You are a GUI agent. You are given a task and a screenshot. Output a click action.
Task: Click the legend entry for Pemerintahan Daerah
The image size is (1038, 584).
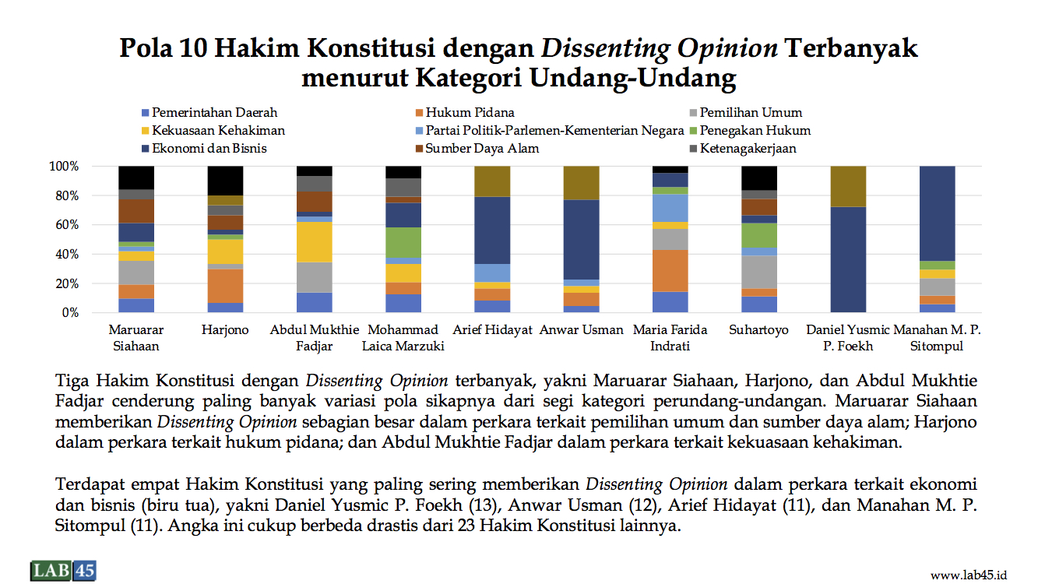tap(209, 113)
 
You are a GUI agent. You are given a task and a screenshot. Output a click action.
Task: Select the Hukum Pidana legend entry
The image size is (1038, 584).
tap(465, 113)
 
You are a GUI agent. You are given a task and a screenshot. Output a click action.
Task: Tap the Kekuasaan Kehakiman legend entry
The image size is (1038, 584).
tap(213, 131)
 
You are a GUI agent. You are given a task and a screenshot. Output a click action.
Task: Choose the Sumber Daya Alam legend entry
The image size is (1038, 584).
tap(477, 149)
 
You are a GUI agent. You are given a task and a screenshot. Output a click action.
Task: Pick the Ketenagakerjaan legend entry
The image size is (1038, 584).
tap(743, 149)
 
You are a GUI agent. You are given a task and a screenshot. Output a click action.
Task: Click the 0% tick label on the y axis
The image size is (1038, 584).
tap(70, 313)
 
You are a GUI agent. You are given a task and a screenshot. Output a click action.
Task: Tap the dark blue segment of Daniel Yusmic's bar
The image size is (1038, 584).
tap(848, 259)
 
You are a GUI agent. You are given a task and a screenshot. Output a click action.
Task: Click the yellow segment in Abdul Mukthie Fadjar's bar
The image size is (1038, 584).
tap(314, 242)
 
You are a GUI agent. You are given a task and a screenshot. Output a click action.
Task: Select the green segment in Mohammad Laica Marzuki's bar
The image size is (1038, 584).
tap(403, 242)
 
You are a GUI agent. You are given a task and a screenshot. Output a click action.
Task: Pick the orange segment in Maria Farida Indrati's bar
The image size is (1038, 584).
tap(670, 271)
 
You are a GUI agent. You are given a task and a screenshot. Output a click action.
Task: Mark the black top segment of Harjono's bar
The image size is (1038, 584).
tap(225, 181)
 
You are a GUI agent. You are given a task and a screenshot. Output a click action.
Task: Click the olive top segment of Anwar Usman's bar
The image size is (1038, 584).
tap(581, 183)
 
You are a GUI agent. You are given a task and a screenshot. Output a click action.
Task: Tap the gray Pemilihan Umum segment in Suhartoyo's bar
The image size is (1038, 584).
tap(759, 272)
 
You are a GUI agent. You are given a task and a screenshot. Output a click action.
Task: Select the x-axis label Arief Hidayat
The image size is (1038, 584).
tap(492, 330)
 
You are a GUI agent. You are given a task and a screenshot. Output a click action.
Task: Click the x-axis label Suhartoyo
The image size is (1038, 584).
tap(758, 330)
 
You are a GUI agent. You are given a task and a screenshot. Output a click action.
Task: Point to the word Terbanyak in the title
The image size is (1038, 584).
tap(851, 47)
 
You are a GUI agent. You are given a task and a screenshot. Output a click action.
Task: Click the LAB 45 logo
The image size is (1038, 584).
tap(64, 570)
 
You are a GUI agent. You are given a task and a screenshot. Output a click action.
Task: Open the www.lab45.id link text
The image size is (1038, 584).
tap(969, 575)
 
